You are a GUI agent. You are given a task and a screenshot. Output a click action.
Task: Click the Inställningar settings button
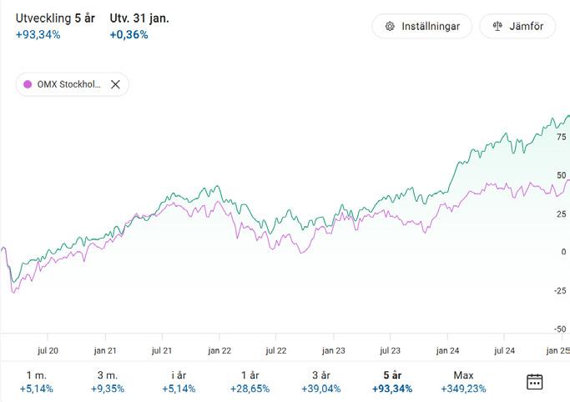coord(421,26)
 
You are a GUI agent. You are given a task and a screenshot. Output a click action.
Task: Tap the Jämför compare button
coord(517,26)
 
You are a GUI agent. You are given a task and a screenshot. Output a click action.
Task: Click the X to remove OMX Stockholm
coord(115,84)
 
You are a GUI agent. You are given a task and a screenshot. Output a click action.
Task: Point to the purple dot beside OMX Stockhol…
coord(28,84)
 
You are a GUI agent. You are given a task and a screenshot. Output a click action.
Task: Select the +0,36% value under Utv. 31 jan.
coord(129,35)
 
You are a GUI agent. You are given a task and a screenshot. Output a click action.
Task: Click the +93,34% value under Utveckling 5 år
coord(38,35)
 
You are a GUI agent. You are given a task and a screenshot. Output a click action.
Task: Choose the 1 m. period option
coord(37,382)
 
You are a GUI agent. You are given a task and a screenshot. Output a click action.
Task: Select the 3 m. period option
coord(108,382)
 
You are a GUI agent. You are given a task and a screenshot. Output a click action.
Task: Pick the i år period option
coord(179,382)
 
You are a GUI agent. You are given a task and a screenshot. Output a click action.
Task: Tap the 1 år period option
coord(250,382)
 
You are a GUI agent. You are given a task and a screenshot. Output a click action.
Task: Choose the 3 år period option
coord(321,382)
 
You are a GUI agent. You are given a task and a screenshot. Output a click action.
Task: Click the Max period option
coord(463,382)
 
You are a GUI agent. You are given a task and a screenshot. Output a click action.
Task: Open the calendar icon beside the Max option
coord(535,382)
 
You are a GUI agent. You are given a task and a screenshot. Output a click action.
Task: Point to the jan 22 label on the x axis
coord(219,351)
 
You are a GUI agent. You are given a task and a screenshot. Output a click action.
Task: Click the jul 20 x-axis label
coord(48,351)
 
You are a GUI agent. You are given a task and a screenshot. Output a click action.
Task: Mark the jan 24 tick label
coord(447,351)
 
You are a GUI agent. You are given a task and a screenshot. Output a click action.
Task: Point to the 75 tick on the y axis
coord(562,137)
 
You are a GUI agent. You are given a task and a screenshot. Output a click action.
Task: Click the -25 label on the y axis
coord(560,290)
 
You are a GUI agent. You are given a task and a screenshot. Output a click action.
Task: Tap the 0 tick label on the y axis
coord(564,252)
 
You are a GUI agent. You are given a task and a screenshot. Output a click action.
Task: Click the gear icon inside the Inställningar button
coord(390,26)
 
